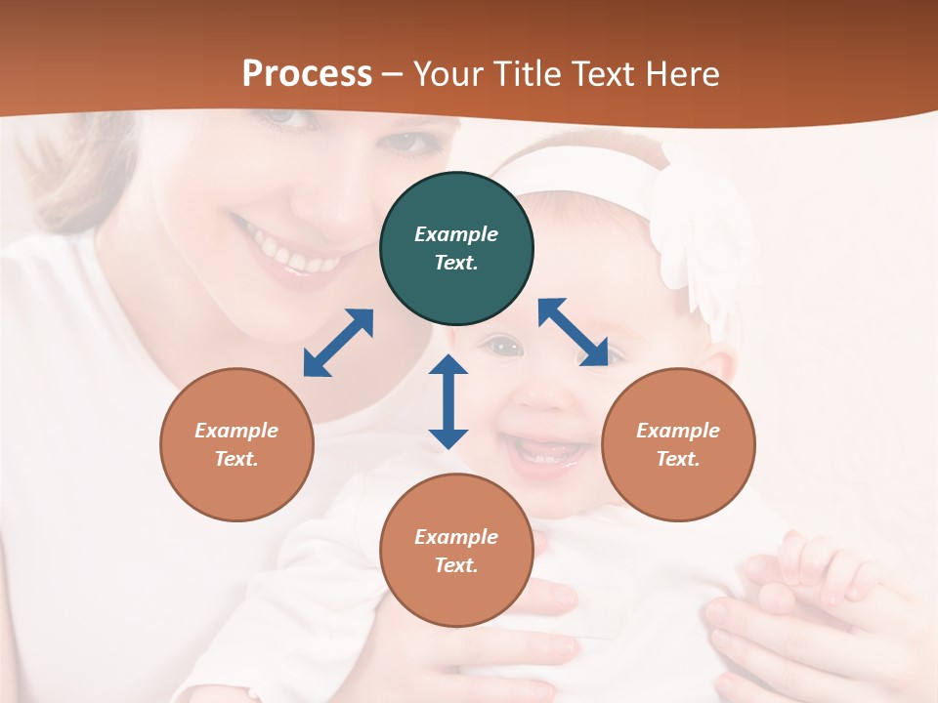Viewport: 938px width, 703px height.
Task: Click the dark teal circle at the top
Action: [x=456, y=249]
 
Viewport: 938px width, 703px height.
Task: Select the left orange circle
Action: [x=236, y=444]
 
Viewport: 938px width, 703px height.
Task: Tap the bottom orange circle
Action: [x=456, y=551]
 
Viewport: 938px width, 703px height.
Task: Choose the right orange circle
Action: [x=678, y=444]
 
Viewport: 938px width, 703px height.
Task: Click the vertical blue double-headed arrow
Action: [x=448, y=401]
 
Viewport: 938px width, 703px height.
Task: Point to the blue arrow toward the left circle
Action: [x=338, y=343]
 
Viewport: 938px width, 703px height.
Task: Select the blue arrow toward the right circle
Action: [x=573, y=332]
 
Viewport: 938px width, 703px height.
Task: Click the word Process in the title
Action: [x=307, y=74]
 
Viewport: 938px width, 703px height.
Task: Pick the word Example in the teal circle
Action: [x=456, y=234]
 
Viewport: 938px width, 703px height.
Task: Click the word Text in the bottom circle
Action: [x=454, y=565]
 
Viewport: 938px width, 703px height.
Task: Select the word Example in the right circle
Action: [x=678, y=431]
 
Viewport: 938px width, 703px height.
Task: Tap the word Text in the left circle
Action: [x=235, y=459]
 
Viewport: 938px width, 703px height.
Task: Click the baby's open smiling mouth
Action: [x=547, y=451]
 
